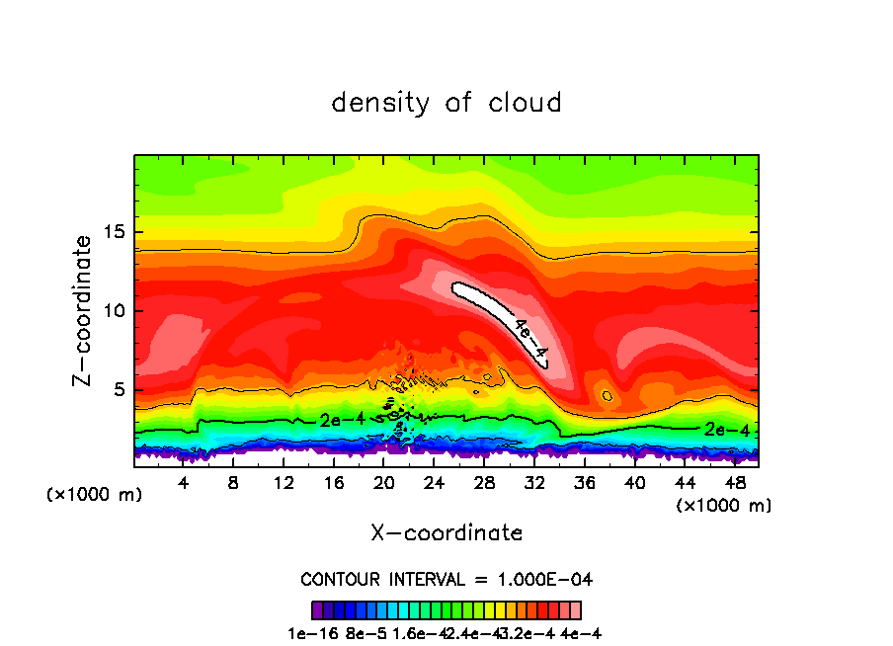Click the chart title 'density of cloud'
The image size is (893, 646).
click(446, 103)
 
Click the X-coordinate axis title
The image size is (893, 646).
click(446, 533)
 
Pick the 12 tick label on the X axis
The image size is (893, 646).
click(284, 483)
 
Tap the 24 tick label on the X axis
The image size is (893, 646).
click(434, 483)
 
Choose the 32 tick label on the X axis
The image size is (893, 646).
click(533, 483)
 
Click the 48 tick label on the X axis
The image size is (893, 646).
click(733, 483)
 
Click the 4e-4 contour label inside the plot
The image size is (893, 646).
click(529, 337)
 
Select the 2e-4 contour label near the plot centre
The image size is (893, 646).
click(342, 421)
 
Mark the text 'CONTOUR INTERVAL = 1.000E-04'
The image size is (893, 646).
click(446, 579)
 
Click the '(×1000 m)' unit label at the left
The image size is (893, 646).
click(95, 495)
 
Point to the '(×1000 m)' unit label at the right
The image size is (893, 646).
click(724, 506)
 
